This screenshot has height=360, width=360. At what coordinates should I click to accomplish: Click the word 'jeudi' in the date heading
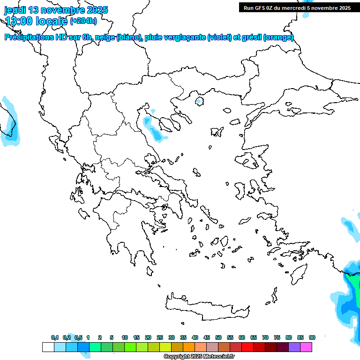click(15, 10)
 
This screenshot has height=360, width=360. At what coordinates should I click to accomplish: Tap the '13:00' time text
click(19, 21)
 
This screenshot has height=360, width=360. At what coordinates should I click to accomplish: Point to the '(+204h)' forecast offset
click(83, 21)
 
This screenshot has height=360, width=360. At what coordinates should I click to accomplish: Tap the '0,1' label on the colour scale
click(55, 337)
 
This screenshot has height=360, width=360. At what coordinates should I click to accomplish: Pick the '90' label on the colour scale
click(312, 337)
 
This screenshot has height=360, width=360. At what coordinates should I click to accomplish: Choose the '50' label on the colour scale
click(218, 337)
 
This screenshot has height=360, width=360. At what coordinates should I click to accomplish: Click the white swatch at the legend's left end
click(48, 347)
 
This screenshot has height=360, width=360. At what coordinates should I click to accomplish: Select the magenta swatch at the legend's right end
click(306, 347)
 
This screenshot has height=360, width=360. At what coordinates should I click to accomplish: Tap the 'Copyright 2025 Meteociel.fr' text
click(199, 357)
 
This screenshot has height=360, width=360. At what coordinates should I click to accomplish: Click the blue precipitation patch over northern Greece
click(153, 128)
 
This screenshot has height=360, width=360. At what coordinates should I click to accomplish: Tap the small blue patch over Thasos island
click(199, 100)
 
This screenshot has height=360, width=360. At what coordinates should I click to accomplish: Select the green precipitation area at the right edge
click(355, 284)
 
